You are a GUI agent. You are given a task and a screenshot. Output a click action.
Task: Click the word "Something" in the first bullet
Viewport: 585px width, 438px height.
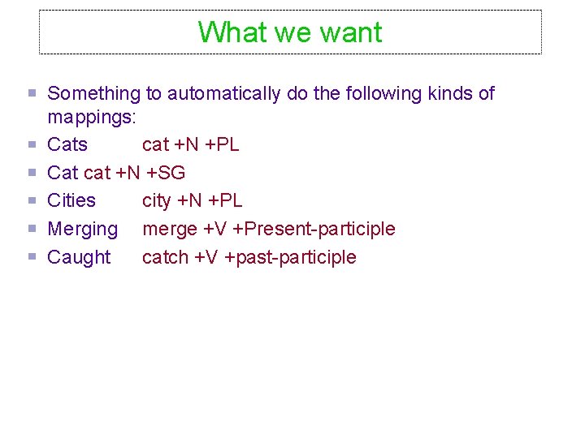tap(94, 94)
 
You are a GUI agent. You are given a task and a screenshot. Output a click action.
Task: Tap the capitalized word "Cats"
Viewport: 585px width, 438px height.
tap(67, 145)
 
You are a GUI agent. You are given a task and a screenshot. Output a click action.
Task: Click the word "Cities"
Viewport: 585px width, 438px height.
tap(71, 200)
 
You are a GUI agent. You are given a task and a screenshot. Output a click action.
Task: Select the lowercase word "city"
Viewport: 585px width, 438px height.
tap(156, 200)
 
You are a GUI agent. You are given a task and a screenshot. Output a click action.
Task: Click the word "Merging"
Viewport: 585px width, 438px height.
tap(82, 229)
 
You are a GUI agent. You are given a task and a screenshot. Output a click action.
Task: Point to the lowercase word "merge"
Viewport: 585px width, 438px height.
tap(169, 229)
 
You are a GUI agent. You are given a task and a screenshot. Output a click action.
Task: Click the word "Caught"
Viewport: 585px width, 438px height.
tap(79, 257)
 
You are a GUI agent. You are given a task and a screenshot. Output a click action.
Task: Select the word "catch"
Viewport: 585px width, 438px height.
tap(165, 257)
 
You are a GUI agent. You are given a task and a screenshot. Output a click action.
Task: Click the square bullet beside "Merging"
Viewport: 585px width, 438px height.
tap(32, 229)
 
